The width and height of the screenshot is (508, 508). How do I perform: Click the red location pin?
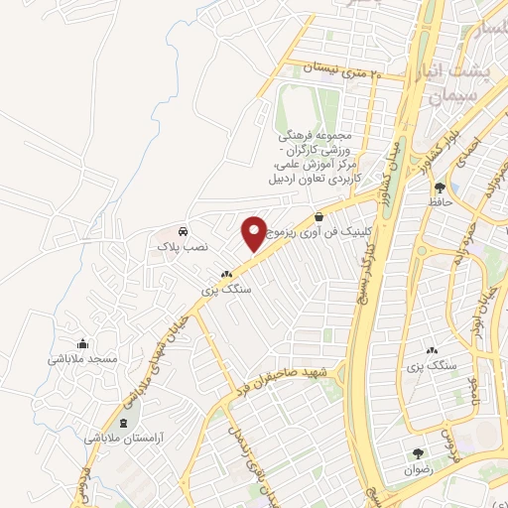point(254,234)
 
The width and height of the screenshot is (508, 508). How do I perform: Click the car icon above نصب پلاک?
point(184,228)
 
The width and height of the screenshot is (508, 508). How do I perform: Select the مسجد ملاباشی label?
point(83,357)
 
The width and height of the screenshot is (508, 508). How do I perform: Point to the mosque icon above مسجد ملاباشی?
point(83,342)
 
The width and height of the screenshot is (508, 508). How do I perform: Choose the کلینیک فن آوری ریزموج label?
point(328,230)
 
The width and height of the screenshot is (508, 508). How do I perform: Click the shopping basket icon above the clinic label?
point(317,215)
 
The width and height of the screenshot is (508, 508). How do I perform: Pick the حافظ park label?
point(441,200)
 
